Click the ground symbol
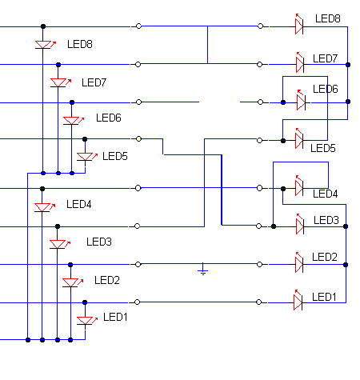coord(203,270)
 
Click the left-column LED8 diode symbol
coord(44,45)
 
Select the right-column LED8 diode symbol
coord(300,25)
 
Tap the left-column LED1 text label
coord(115,317)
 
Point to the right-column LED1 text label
coord(324,297)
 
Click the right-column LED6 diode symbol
coord(302,101)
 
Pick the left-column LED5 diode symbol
coord(86,157)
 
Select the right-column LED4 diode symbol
coord(300,186)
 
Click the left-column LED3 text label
coord(99,242)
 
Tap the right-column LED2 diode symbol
coord(300,262)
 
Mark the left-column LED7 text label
coord(94,82)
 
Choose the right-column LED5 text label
coord(323,148)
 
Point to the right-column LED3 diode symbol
coord(301,225)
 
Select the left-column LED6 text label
coord(109,118)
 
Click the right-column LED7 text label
coord(326,58)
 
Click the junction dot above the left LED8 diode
coord(43,26)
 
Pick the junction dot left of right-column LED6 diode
coord(283,102)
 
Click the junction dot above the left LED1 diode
coord(85,302)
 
